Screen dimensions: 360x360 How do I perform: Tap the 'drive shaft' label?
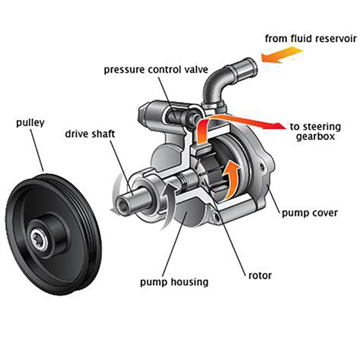tap(90, 133)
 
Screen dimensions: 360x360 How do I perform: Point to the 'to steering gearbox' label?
tap(315, 132)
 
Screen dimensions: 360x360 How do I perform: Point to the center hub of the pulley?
tap(41, 239)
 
